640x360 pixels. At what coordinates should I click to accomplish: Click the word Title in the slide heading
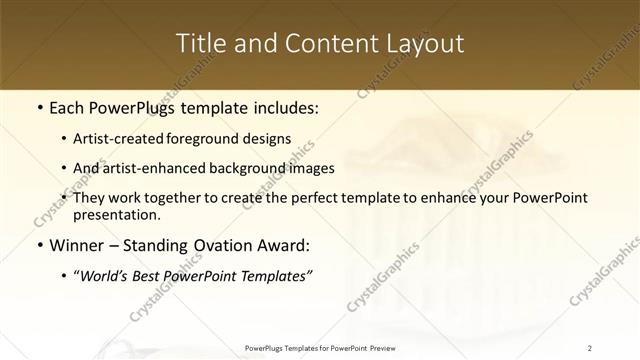point(202,44)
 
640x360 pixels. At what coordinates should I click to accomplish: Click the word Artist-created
point(126,139)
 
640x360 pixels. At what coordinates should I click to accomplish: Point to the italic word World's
point(106,275)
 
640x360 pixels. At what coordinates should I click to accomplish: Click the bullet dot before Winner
point(38,245)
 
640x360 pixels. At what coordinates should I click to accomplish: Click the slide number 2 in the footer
point(590,347)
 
